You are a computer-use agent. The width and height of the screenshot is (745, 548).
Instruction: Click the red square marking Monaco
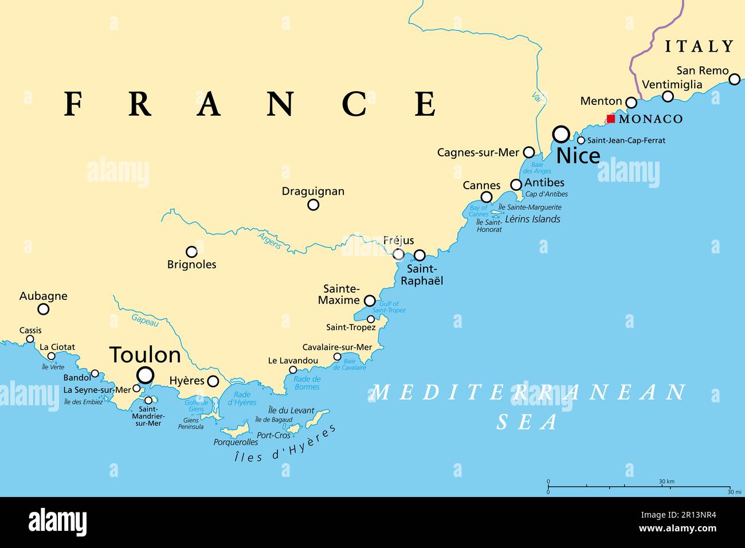[611, 119]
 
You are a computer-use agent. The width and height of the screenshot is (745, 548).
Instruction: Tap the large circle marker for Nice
[561, 134]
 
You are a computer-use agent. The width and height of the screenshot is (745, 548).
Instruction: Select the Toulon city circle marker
[146, 375]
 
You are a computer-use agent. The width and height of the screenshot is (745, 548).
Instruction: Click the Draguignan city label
[313, 191]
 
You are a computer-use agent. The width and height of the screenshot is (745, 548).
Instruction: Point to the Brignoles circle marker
[191, 252]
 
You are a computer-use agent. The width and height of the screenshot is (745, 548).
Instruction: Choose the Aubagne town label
[43, 296]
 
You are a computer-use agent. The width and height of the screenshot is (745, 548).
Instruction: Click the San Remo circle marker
[734, 79]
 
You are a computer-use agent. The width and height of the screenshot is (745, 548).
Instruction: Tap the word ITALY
[699, 46]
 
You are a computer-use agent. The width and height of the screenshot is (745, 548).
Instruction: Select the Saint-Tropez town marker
[371, 319]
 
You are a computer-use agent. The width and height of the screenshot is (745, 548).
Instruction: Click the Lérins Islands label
[532, 219]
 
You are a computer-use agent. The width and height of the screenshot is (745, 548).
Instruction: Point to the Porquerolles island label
[236, 442]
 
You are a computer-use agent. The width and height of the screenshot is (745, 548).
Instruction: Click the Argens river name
[269, 240]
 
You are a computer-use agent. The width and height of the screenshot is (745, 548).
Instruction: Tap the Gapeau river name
[145, 320]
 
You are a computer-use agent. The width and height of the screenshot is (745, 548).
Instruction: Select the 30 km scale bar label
[666, 481]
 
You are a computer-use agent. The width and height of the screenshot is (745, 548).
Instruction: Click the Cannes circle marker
[486, 197]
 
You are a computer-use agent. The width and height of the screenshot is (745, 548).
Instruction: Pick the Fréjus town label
[399, 241]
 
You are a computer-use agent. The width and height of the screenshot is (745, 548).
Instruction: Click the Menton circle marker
[631, 103]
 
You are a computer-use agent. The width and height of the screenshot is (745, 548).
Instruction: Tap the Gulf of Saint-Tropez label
[389, 307]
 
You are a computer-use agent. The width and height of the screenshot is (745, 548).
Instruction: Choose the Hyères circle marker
[213, 381]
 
